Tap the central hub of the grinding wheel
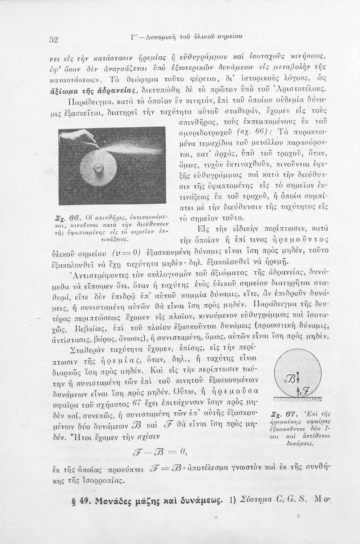[98, 168]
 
